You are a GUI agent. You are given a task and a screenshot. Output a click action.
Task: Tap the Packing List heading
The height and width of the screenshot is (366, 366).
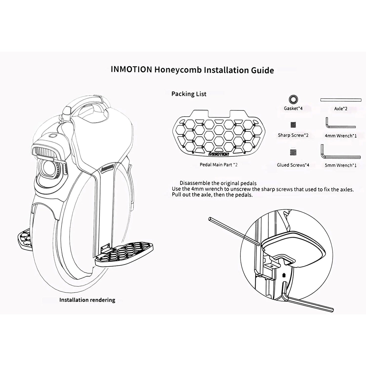click(x=189, y=94)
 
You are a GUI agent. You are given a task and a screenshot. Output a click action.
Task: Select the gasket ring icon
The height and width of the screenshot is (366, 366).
click(x=293, y=99)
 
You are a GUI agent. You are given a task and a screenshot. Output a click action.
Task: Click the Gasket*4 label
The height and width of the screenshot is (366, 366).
click(x=293, y=109)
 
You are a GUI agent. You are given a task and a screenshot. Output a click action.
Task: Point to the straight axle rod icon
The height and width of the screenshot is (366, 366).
click(x=340, y=100)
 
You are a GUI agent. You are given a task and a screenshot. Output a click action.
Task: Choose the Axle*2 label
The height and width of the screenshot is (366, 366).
click(x=341, y=109)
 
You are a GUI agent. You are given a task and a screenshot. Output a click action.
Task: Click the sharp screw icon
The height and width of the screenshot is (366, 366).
click(x=293, y=125)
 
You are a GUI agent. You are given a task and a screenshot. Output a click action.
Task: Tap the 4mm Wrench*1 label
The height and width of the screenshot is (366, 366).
click(x=340, y=136)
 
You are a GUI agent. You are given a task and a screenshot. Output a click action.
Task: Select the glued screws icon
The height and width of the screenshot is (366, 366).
click(x=293, y=152)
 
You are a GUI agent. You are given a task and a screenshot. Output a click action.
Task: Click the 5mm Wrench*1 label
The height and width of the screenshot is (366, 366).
click(x=340, y=165)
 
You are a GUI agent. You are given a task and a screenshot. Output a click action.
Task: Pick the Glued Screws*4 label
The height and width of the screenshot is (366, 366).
click(x=293, y=165)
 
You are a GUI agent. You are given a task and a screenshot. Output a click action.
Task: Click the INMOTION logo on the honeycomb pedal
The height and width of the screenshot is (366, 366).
click(x=219, y=154)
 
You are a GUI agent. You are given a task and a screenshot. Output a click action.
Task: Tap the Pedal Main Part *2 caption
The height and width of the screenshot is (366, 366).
click(x=219, y=165)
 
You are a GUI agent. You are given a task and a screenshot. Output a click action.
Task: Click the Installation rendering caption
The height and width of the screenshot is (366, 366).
click(x=87, y=300)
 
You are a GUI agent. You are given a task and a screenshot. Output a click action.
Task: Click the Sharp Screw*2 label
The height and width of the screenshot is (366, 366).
click(x=293, y=135)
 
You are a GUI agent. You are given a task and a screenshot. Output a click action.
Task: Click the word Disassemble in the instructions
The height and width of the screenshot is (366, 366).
click(x=195, y=183)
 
